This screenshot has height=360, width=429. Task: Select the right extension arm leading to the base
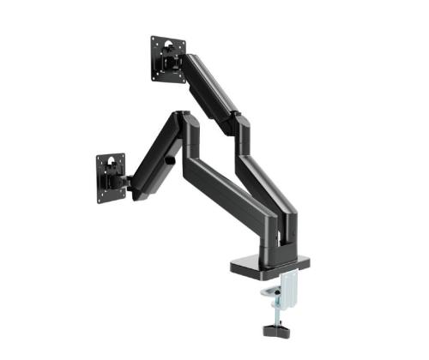(270, 180)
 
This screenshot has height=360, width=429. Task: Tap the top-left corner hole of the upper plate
(154, 40)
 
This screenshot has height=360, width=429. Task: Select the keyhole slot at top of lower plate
(111, 158)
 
